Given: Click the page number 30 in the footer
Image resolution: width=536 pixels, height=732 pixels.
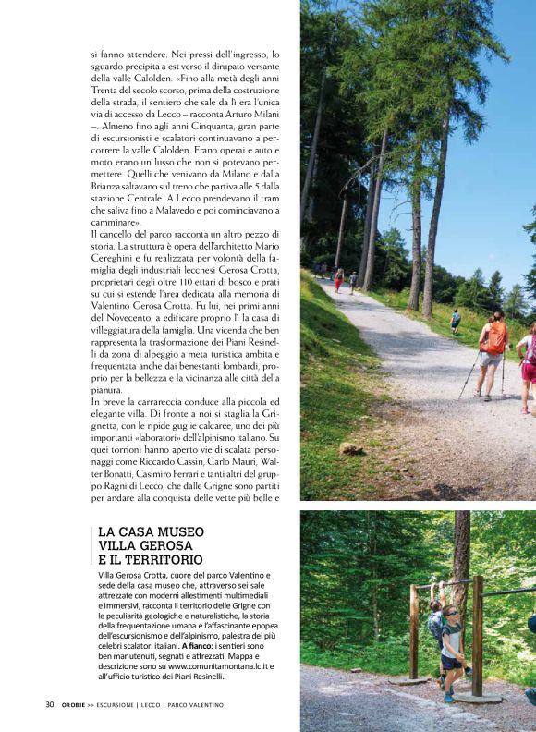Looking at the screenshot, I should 50,704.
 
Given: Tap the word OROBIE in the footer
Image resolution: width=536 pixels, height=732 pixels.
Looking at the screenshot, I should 76,704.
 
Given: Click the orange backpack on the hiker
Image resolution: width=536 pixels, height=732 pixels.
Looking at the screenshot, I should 495,338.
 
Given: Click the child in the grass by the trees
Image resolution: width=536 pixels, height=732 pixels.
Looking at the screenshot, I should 455,320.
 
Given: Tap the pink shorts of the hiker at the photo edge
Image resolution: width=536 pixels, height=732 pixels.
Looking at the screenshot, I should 529,371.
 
